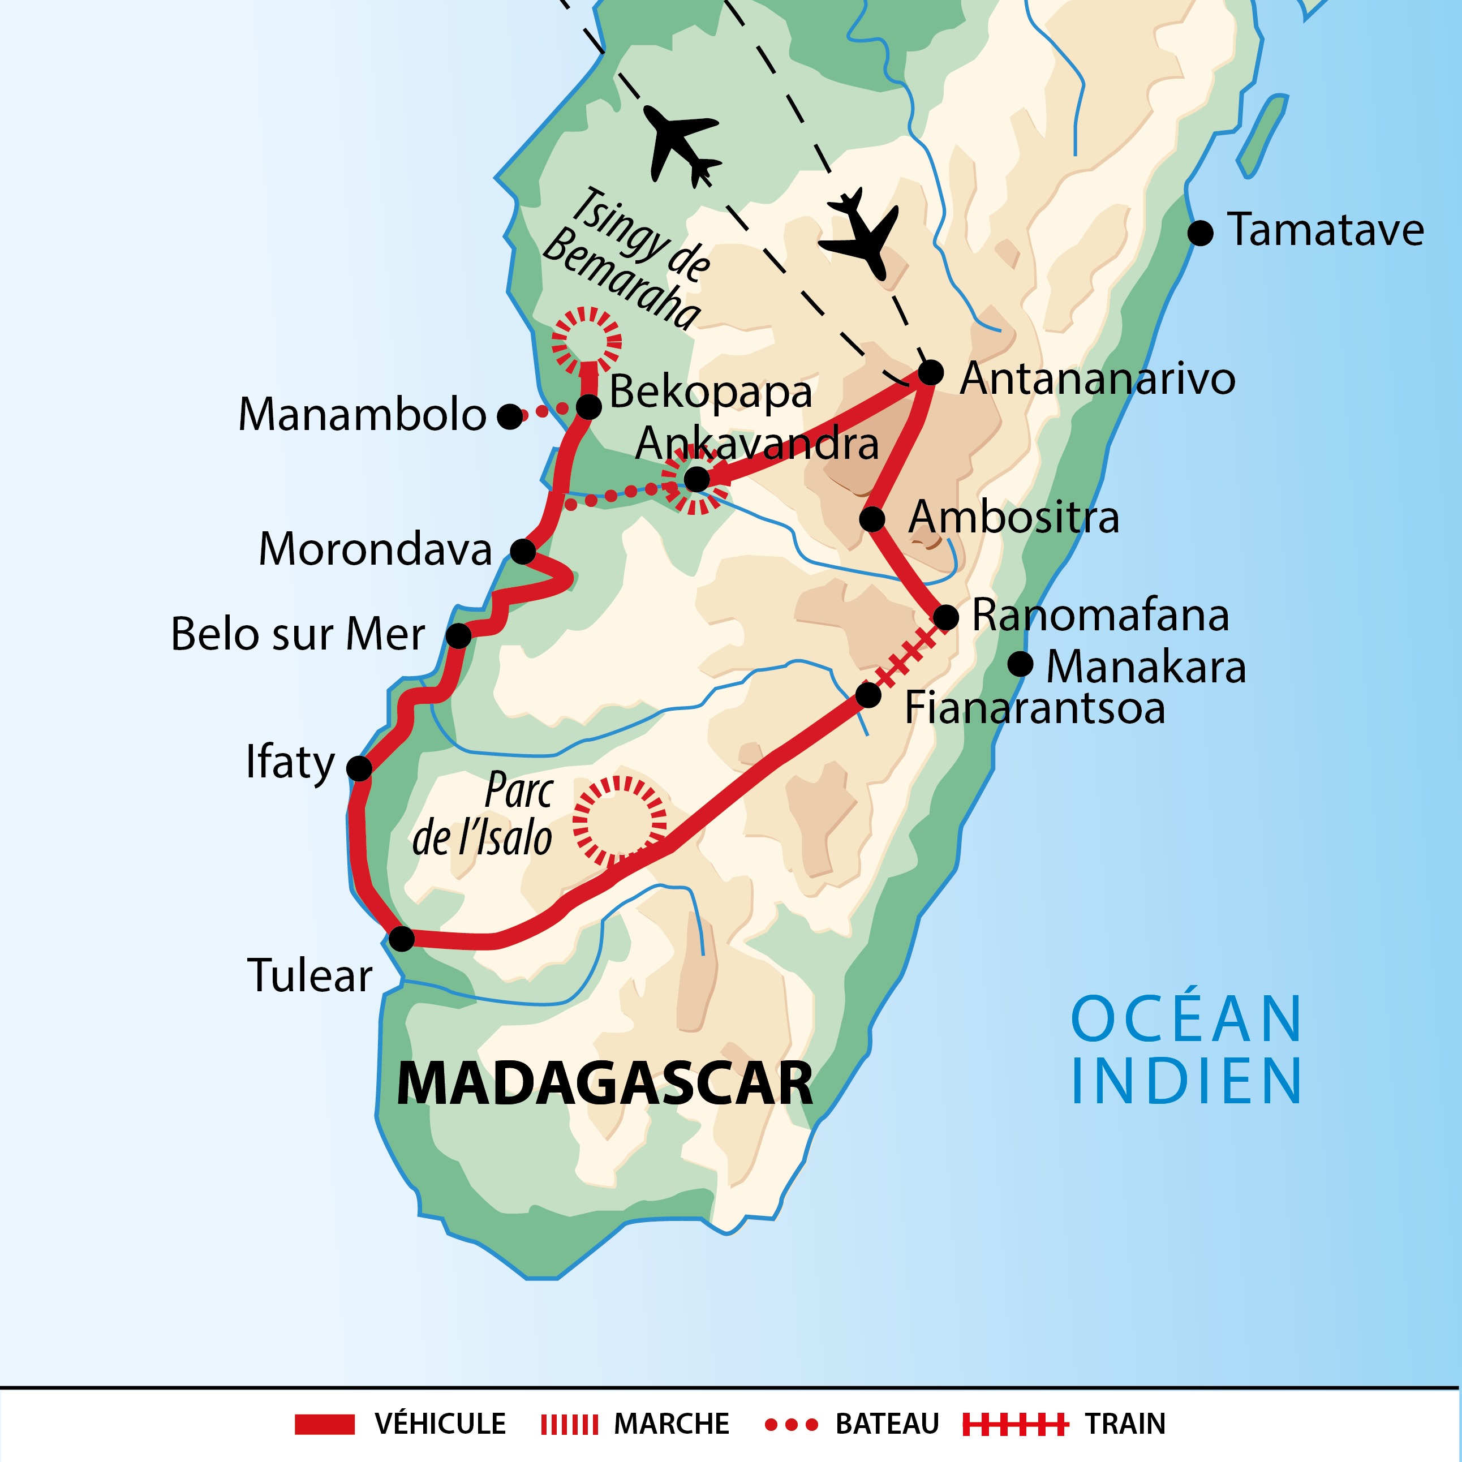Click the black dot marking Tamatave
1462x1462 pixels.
1200,233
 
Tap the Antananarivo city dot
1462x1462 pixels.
930,372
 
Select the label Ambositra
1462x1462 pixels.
1013,518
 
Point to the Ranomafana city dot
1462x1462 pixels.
946,617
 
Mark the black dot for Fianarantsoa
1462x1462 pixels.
868,695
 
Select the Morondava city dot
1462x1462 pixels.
523,552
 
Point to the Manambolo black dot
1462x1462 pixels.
510,416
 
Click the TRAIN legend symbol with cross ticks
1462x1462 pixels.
1015,1424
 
